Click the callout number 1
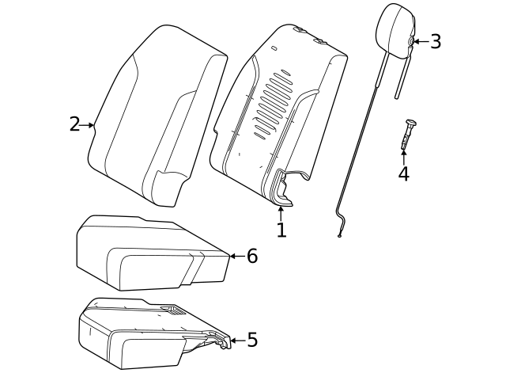click(281, 230)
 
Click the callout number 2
click(74, 124)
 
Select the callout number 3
click(436, 42)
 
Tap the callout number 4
click(404, 174)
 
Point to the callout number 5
click(252, 341)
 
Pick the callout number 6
click(252, 257)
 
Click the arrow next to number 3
click(420, 42)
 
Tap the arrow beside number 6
click(236, 257)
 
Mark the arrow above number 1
click(281, 212)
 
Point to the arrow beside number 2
click(88, 124)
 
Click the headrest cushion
click(395, 28)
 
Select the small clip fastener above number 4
click(408, 133)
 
